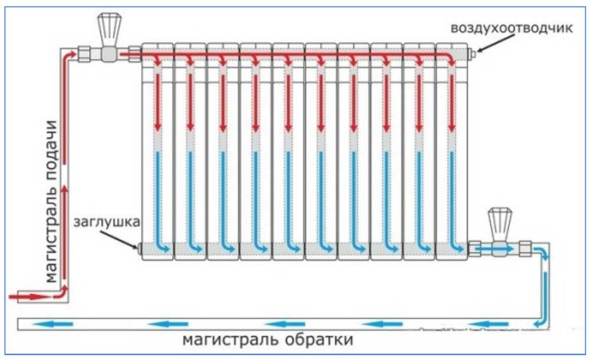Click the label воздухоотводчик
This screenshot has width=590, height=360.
click(512, 28)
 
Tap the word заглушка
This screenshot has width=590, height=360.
click(106, 222)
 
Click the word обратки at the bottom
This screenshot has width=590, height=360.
click(319, 340)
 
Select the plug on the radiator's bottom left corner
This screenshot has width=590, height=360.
click(139, 248)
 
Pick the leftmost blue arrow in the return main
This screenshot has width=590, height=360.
click(53, 323)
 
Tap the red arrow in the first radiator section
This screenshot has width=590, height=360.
click(158, 102)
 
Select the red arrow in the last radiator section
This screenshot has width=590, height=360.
click(452, 102)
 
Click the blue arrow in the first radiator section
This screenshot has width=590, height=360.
click(160, 204)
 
